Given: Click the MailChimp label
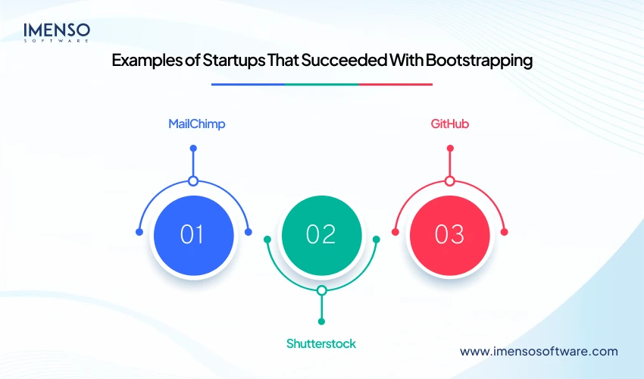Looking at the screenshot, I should [x=197, y=124].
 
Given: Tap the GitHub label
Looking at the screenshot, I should [x=449, y=124].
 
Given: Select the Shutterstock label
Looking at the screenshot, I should [x=321, y=343].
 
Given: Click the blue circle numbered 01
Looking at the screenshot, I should [x=192, y=234].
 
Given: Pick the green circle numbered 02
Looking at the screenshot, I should [x=321, y=234].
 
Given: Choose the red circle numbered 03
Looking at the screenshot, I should [x=449, y=234].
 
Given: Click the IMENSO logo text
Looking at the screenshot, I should [x=57, y=30].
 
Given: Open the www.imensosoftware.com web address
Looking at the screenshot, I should [x=539, y=352].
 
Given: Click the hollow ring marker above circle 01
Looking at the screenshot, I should [x=193, y=181].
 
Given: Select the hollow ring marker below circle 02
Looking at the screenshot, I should [x=322, y=290].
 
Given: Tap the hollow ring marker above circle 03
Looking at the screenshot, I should [x=450, y=181].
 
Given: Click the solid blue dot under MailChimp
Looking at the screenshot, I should [x=193, y=148].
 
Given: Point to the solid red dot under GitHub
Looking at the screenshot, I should [x=450, y=148].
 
